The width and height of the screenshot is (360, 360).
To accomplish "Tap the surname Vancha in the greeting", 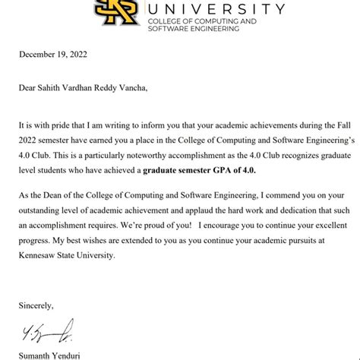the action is (x=143, y=87).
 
